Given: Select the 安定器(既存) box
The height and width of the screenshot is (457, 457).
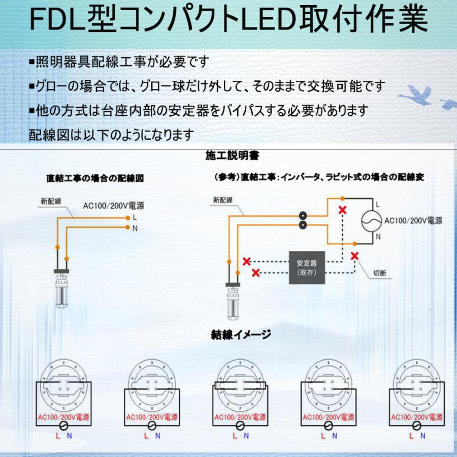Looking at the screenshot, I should pos(306,267).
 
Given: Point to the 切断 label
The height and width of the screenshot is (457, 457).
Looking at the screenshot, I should pos(379,273).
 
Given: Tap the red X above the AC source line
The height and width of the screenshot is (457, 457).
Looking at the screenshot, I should pos(343,210).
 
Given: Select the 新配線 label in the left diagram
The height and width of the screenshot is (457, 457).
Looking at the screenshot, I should pos(51,201).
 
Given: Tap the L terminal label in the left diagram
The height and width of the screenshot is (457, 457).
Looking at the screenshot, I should pos(135,217).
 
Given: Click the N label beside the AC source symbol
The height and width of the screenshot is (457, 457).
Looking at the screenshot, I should pos(377,237).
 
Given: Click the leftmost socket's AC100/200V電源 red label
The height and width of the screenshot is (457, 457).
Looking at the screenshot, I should pos(61,418).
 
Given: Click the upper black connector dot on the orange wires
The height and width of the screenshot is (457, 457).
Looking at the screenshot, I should pos(303,215).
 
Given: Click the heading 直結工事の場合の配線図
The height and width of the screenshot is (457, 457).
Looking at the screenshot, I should pos(95,179).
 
